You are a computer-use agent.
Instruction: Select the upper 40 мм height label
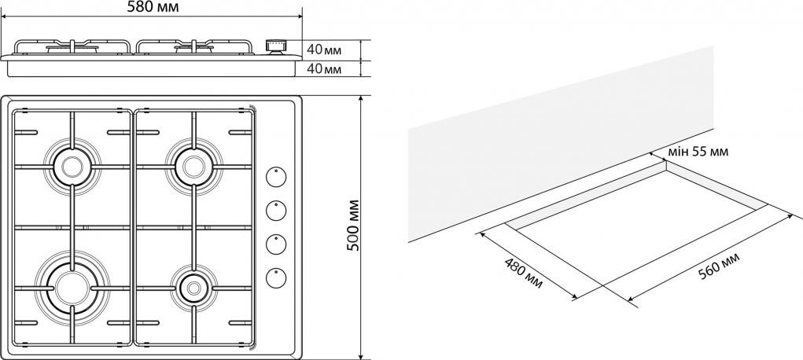click(x=324, y=50)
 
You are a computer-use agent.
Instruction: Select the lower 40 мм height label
click(x=324, y=69)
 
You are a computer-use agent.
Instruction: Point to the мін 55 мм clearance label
click(x=698, y=152)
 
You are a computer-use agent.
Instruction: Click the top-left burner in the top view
click(x=72, y=166)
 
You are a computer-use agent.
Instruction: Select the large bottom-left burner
click(x=68, y=285)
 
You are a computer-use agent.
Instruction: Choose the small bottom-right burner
click(x=190, y=287)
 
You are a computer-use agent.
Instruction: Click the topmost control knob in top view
click(x=275, y=178)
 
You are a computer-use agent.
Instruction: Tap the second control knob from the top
click(x=275, y=211)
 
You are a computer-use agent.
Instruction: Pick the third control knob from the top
click(x=275, y=244)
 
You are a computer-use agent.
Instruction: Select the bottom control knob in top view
click(x=275, y=277)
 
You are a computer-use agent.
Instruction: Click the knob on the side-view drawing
click(x=275, y=46)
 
